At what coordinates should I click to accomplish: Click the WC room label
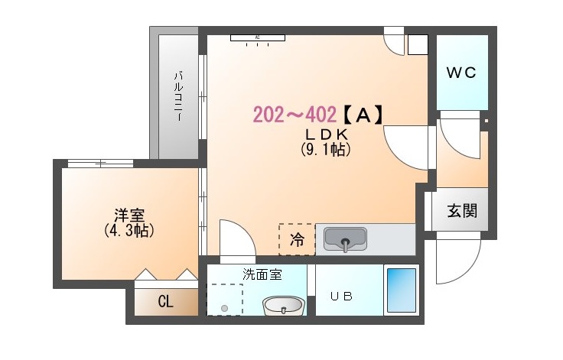pyautogui.click(x=461, y=73)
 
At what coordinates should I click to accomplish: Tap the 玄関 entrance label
pyautogui.click(x=462, y=211)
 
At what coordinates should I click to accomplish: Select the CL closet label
pyautogui.click(x=165, y=301)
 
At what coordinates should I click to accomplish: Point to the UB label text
pyautogui.click(x=341, y=297)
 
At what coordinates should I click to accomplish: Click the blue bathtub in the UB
pyautogui.click(x=401, y=290)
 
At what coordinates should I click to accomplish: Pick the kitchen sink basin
pyautogui.click(x=345, y=238)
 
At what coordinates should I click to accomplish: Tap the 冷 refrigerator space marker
pyautogui.click(x=297, y=239)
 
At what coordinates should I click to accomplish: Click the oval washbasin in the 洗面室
pyautogui.click(x=284, y=306)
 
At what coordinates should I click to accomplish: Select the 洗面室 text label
pyautogui.click(x=262, y=274)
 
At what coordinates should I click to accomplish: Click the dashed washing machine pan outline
pyautogui.click(x=225, y=300)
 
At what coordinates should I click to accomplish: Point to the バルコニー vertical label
pyautogui.click(x=179, y=96)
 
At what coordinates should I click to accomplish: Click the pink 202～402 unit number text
pyautogui.click(x=295, y=115)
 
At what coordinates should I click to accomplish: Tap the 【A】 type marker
pyautogui.click(x=362, y=115)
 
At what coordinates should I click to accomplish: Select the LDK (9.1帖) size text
pyautogui.click(x=326, y=142)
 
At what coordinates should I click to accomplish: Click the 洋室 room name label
pyautogui.click(x=129, y=216)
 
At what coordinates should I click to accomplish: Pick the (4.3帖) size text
pyautogui.click(x=129, y=230)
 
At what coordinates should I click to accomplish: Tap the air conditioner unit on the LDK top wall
pyautogui.click(x=258, y=37)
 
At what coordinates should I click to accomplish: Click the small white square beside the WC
pyautogui.click(x=418, y=44)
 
